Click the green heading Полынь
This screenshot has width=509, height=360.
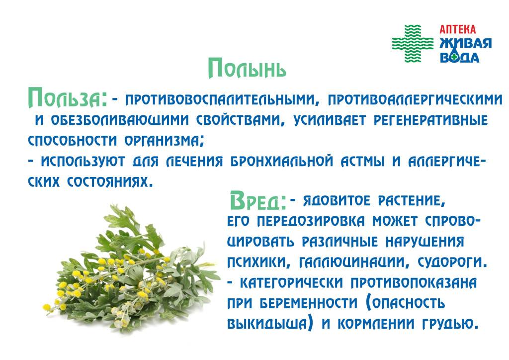tap(247, 68)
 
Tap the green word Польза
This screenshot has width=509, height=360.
tap(68, 98)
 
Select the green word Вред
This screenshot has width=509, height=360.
tap(258, 200)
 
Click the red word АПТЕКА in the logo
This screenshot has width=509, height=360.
tap(457, 29)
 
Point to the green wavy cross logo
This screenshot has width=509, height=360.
tap(413, 43)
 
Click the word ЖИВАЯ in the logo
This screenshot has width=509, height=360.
tap(465, 43)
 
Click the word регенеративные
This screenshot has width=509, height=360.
tap(431, 120)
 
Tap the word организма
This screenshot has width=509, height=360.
tap(164, 141)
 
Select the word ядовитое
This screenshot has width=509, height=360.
tap(337, 201)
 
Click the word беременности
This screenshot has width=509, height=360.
tap(308, 303)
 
